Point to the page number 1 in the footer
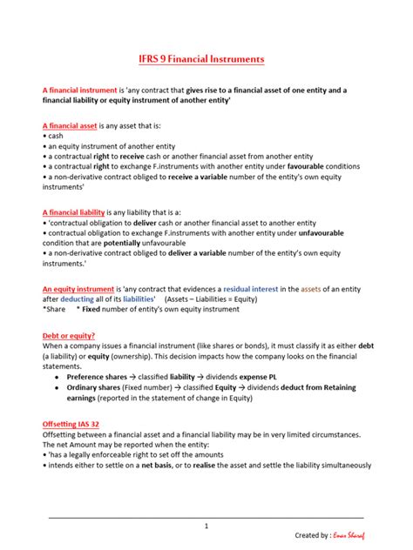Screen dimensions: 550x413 206,526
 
